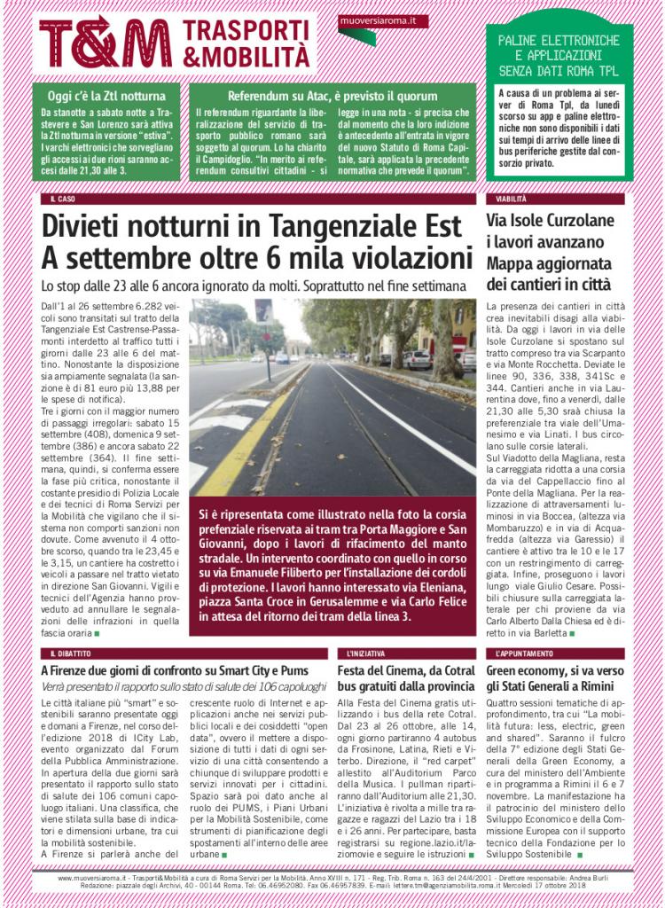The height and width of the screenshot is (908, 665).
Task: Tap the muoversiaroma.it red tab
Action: (383, 20)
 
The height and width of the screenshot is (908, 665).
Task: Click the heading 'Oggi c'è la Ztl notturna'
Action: (106, 96)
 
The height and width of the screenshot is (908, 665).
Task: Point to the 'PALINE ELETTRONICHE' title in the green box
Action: (559, 41)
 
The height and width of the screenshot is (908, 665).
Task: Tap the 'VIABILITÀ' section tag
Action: (512, 200)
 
